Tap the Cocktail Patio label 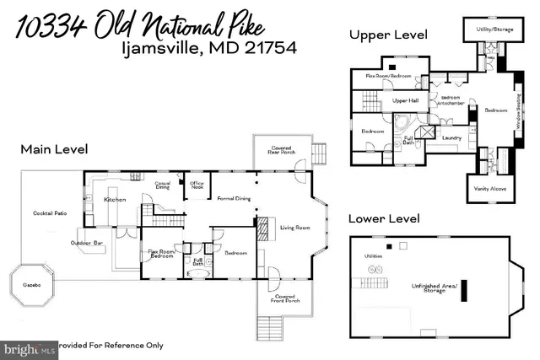point(49,213)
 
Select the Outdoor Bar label point(88,244)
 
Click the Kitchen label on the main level point(115,200)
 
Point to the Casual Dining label point(163,185)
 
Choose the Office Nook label point(197,185)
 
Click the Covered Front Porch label point(284,298)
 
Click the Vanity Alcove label point(490,189)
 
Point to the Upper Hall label point(406,101)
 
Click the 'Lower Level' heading point(385,218)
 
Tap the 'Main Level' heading point(55,150)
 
